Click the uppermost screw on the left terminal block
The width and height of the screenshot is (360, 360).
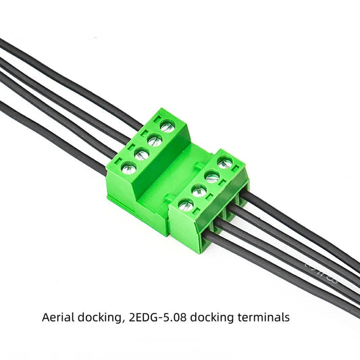(x=166, y=126)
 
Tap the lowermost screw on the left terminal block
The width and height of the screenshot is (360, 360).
(x=127, y=168)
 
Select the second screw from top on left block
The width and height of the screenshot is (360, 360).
(x=154, y=140)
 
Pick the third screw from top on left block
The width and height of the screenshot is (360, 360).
(x=140, y=155)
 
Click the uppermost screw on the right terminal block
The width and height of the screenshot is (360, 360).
(x=225, y=163)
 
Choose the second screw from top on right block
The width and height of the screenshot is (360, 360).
(x=212, y=177)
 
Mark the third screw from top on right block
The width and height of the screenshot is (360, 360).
(x=199, y=190)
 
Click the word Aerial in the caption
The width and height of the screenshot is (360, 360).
(x=57, y=317)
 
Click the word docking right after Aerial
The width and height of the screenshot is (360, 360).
(x=99, y=317)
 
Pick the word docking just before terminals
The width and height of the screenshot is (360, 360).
(x=215, y=317)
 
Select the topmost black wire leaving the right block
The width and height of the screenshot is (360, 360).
(x=304, y=230)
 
